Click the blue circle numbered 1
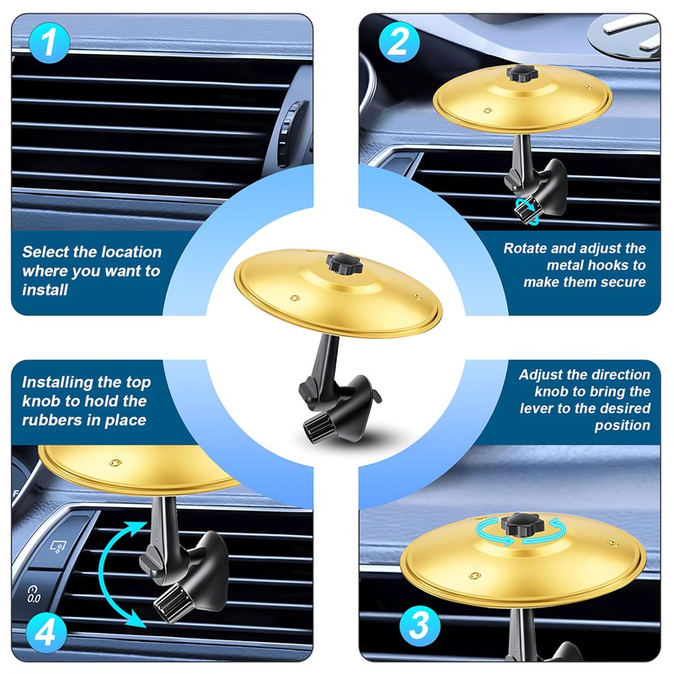coord(49,43)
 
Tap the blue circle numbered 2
coord(399,42)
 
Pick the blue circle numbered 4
coord(46,633)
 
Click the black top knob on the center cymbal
coord(345,263)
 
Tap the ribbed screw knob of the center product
coord(319,427)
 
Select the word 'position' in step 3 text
coord(623,425)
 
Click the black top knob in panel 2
coord(522,73)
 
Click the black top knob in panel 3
coord(522,524)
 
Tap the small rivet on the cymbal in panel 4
coord(115,463)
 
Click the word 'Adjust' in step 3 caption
coord(541,375)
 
